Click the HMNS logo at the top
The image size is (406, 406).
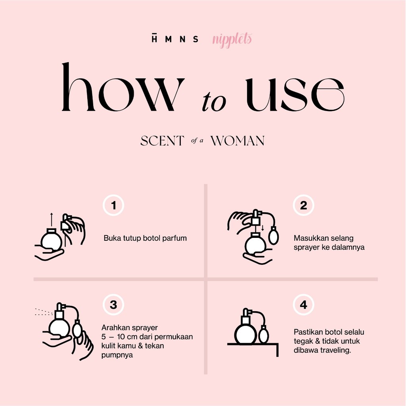175,38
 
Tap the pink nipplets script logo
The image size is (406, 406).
232,40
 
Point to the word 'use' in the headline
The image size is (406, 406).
295,94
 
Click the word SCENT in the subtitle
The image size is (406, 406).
162,141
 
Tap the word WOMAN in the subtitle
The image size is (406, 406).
237,141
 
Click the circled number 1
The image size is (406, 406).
113,205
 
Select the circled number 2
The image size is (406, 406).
303,205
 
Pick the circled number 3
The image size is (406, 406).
113,305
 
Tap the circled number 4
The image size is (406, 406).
303,305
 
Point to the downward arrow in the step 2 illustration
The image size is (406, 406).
262,228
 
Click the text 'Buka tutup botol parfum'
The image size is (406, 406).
145,238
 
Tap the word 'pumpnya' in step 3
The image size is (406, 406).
117,355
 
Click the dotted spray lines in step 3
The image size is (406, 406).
44,312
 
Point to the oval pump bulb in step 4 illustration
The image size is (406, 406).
263,334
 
